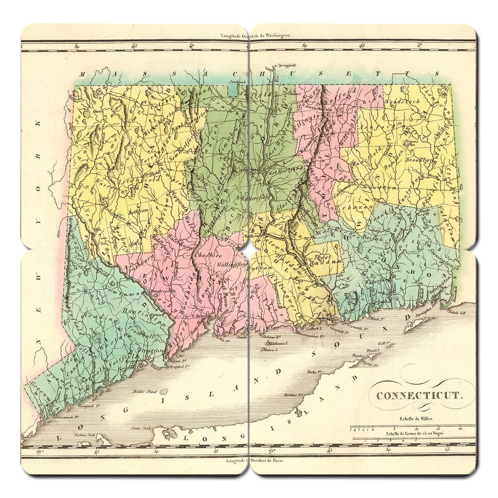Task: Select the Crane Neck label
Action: [x=141, y=427]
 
